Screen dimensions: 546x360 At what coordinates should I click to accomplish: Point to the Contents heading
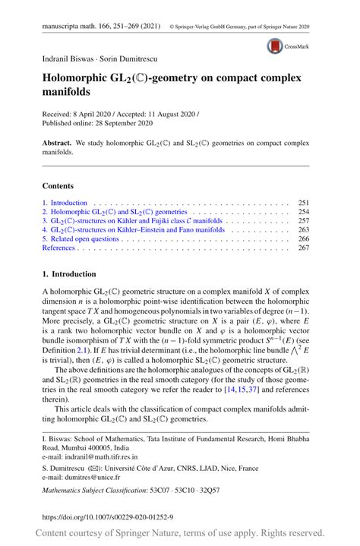pyautogui.click(x=58, y=185)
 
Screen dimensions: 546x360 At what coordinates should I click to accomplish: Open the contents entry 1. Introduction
pyautogui.click(x=65, y=204)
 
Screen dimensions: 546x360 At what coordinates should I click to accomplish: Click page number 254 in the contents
pyautogui.click(x=303, y=212)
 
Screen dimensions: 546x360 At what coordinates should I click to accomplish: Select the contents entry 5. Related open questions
pyautogui.click(x=81, y=238)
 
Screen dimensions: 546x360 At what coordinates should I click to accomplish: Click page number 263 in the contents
pyautogui.click(x=303, y=229)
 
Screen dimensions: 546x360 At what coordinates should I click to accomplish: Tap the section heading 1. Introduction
pyautogui.click(x=69, y=273)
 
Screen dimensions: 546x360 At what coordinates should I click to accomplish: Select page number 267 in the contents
pyautogui.click(x=303, y=248)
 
